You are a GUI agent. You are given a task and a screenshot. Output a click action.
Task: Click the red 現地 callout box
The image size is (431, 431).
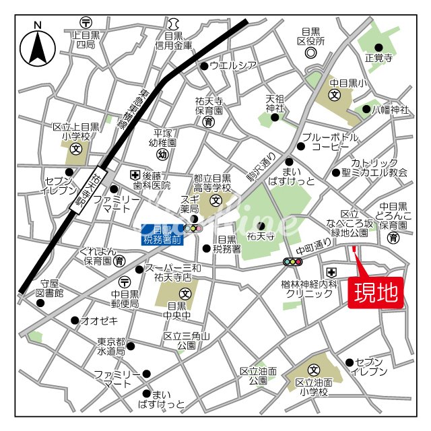coord(376,293)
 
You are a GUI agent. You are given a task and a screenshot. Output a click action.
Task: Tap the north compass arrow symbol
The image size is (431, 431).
coord(38,46)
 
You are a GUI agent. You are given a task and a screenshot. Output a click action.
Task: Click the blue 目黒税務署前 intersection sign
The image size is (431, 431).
coord(161,234)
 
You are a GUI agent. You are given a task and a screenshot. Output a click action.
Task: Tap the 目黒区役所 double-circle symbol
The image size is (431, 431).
coord(310,53)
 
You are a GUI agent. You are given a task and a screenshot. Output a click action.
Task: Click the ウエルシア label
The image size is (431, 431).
coord(233,65)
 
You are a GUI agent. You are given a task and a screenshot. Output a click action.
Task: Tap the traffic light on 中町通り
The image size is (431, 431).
coord(293,261)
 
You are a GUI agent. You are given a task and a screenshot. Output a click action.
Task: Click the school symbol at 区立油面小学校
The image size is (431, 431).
coord(314,370)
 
